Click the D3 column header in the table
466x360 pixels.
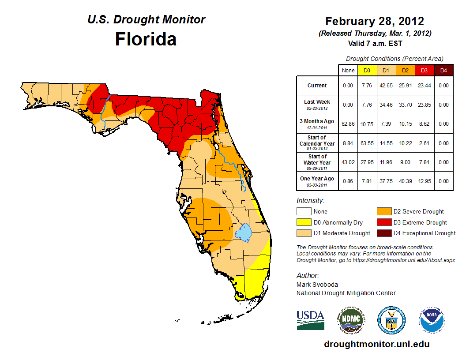tap(424, 70)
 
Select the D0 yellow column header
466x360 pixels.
tap(367, 70)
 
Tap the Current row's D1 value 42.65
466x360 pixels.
tap(386, 86)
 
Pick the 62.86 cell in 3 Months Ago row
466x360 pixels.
tap(348, 124)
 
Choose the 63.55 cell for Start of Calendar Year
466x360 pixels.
tap(367, 143)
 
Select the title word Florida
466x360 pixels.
tap(146, 39)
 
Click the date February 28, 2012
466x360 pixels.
tap(375, 21)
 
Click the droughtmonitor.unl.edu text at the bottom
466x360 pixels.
tap(376, 344)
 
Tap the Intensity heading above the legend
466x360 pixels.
tap(310, 201)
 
